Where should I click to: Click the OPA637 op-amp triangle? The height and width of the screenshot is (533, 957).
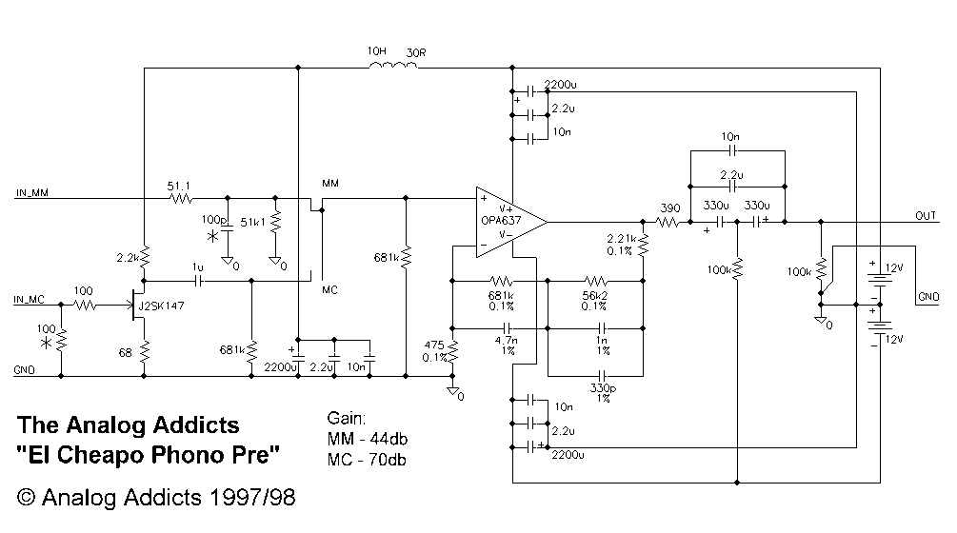[x=510, y=222]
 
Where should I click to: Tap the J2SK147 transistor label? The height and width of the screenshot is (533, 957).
[x=161, y=306]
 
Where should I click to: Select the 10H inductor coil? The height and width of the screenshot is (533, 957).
[x=393, y=65]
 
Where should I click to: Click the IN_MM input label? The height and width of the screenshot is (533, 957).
[x=32, y=192]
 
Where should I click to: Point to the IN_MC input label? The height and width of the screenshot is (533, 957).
[x=30, y=300]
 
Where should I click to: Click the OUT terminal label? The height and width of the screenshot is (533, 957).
[x=926, y=216]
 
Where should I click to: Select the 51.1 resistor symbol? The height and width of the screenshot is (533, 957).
[x=181, y=198]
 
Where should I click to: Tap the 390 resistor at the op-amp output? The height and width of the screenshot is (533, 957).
[x=668, y=223]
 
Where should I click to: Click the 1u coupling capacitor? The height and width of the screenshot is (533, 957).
[x=198, y=281]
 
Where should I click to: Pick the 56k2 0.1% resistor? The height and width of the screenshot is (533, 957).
[x=596, y=281]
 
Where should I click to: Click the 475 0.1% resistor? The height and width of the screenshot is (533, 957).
[x=453, y=352]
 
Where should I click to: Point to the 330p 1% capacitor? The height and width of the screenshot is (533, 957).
[x=602, y=376]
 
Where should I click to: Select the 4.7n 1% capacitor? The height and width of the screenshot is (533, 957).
[x=508, y=328]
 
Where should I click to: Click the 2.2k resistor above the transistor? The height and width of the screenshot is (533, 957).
[x=144, y=257]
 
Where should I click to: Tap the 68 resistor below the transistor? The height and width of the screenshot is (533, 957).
[x=144, y=352]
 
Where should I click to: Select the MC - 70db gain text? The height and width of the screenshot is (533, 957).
[x=367, y=459]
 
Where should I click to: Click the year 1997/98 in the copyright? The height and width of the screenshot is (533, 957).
[x=252, y=498]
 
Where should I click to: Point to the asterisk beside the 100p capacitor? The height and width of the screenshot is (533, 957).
[x=212, y=237]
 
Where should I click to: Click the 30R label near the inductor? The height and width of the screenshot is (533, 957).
[x=416, y=53]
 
